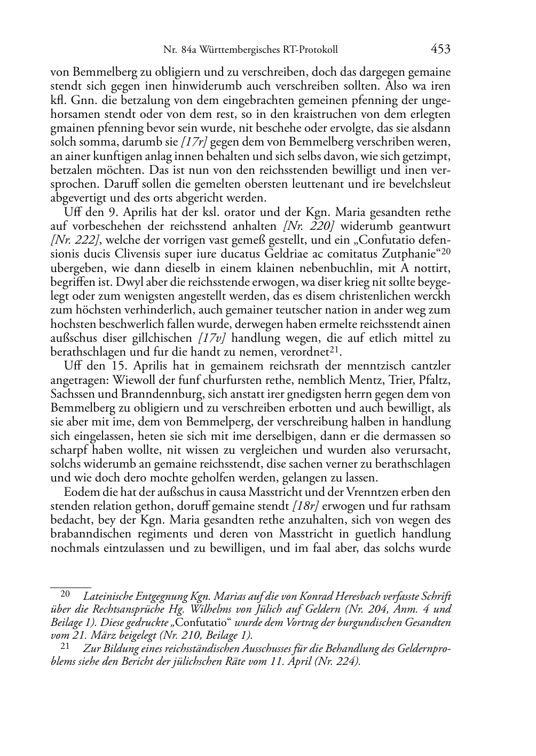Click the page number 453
[440, 50]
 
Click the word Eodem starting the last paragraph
[80, 491]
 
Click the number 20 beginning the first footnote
[65, 593]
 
